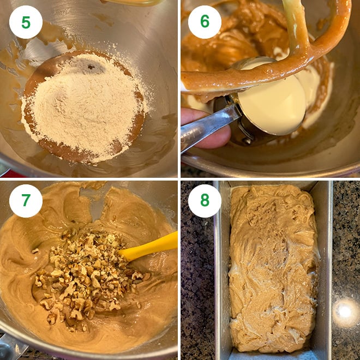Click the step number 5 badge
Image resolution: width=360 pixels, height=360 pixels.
pos(26,22)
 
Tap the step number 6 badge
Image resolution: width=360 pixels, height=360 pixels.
pos(205,22)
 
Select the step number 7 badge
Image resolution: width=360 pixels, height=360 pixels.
pos(26,201)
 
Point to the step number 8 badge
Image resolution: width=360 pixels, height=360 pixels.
pos(205,201)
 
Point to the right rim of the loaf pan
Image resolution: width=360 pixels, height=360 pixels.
pos(326,262)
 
